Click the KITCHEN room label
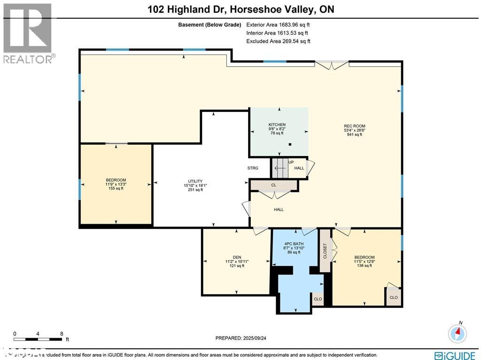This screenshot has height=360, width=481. pyautogui.click(x=277, y=125)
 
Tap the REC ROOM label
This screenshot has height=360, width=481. pyautogui.click(x=354, y=126)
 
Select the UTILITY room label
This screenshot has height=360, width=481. pyautogui.click(x=195, y=181)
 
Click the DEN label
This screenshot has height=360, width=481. pyautogui.click(x=237, y=257)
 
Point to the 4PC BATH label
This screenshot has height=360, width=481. pyautogui.click(x=294, y=243)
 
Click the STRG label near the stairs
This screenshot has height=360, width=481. pyautogui.click(x=253, y=168)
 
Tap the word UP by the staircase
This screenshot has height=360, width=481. pyautogui.click(x=291, y=162)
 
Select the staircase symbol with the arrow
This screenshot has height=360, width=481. pyautogui.click(x=279, y=168)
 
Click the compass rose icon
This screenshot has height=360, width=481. pyautogui.click(x=457, y=333)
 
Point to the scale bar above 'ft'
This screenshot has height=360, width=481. pyautogui.click(x=38, y=339)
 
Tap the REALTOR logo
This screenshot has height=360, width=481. pyautogui.click(x=28, y=33)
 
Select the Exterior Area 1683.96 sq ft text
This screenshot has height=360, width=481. pyautogui.click(x=278, y=24)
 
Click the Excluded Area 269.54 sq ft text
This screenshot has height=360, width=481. pyautogui.click(x=278, y=41)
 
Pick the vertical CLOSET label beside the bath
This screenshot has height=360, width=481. pyautogui.click(x=325, y=251)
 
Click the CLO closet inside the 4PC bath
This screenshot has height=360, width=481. pyautogui.click(x=318, y=299)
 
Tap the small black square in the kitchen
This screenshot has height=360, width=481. pyautogui.click(x=290, y=144)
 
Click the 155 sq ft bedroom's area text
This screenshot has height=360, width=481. pyautogui.click(x=116, y=188)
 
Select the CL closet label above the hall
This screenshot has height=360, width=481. pyautogui.click(x=273, y=185)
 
